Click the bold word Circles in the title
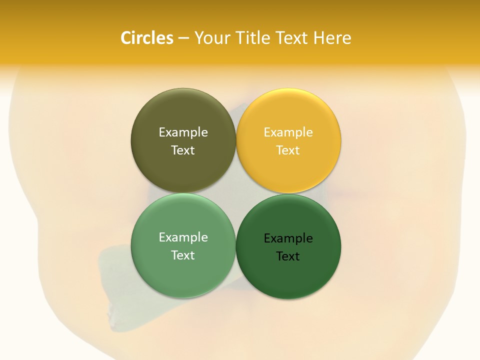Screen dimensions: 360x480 point(146,38)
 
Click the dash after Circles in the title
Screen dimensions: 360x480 point(183,38)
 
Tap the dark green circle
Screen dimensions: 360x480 point(288,275)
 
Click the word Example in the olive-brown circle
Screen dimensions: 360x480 point(183,132)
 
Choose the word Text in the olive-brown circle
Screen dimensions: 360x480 point(183,150)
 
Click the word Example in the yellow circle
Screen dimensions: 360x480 point(288,132)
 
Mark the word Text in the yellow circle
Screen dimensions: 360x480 point(288,150)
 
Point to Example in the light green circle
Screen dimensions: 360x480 point(183,237)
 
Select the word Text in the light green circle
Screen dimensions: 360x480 point(183,255)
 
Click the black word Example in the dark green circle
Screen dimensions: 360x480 point(288,238)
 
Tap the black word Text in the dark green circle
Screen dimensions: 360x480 point(288,256)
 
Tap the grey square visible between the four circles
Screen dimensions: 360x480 point(235,193)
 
